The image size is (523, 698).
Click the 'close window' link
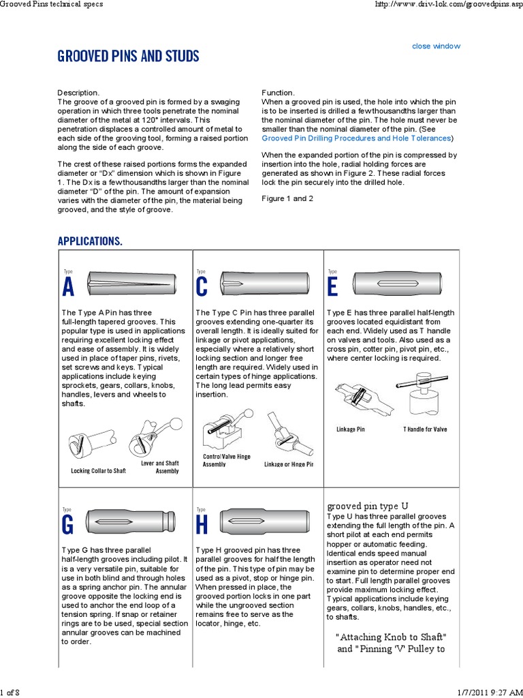(x=436, y=46)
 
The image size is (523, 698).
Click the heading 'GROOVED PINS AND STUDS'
(x=128, y=57)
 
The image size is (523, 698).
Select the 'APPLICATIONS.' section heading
(x=90, y=241)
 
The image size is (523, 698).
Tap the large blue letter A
(x=68, y=288)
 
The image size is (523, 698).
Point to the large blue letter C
(x=202, y=288)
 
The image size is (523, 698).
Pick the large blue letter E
(x=332, y=288)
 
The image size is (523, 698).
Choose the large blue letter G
(x=68, y=526)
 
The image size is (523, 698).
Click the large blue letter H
(x=202, y=526)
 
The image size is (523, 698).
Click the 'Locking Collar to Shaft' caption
(x=99, y=470)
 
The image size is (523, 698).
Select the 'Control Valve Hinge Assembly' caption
(x=227, y=460)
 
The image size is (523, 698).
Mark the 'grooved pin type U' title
(x=368, y=506)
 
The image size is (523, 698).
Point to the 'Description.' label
(x=78, y=93)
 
